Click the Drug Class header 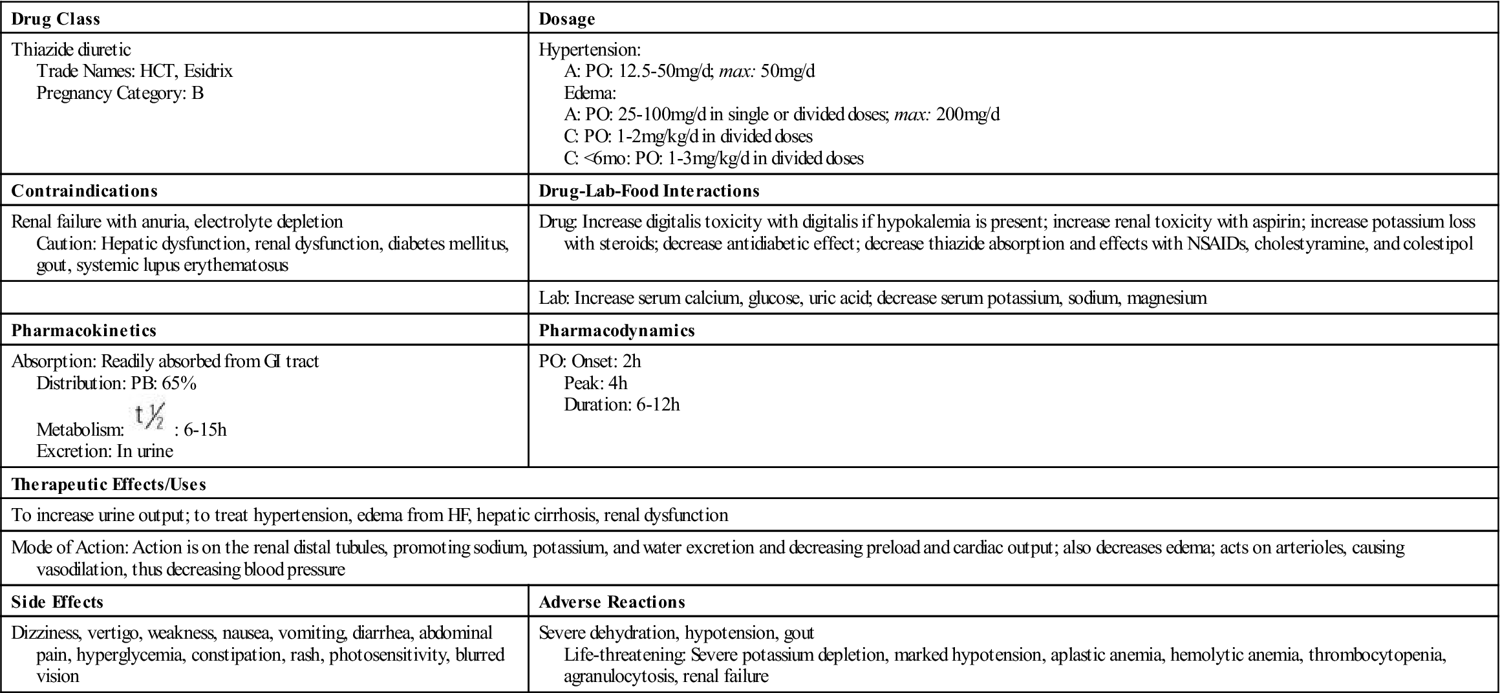pos(56,19)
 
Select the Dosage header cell pos(566,19)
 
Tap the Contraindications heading pos(84,191)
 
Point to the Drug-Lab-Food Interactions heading pos(648,191)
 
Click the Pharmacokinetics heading pos(84,331)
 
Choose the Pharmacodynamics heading pos(617,331)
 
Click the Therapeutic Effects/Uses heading pos(109,485)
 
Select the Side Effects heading pos(57,602)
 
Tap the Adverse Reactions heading pos(612,602)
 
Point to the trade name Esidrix pos(208,71)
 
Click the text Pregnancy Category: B pos(120,93)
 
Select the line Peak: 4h pos(595,383)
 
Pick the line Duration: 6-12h pos(621,405)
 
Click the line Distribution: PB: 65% pos(116,383)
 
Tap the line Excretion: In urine pos(105,451)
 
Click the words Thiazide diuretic pos(71,50)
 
